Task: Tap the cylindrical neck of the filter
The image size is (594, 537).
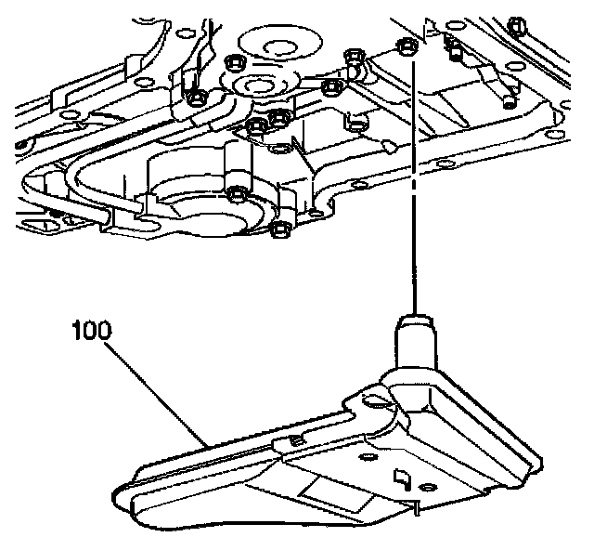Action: (414, 340)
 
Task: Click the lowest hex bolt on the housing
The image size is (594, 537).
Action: (279, 229)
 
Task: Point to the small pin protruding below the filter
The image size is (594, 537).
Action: (419, 507)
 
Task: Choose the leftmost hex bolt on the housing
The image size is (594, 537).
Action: (196, 96)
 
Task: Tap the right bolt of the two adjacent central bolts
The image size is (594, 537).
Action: (278, 118)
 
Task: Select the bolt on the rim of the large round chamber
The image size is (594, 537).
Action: (236, 194)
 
